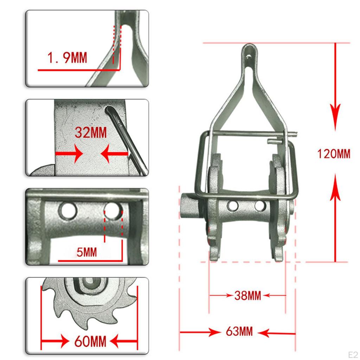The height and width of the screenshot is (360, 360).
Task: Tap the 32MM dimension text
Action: [x=91, y=133]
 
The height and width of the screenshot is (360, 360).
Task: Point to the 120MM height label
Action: [x=334, y=154]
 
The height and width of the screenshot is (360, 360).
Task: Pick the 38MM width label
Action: [x=247, y=296]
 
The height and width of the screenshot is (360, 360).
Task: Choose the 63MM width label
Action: [x=239, y=331]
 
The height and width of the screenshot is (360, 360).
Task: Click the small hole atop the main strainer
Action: [x=249, y=56]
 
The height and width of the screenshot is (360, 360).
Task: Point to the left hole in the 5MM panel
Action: [x=68, y=210]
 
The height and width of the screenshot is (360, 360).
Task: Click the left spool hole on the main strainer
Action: [x=232, y=206]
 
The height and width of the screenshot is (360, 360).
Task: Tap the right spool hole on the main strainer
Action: [x=260, y=206]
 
